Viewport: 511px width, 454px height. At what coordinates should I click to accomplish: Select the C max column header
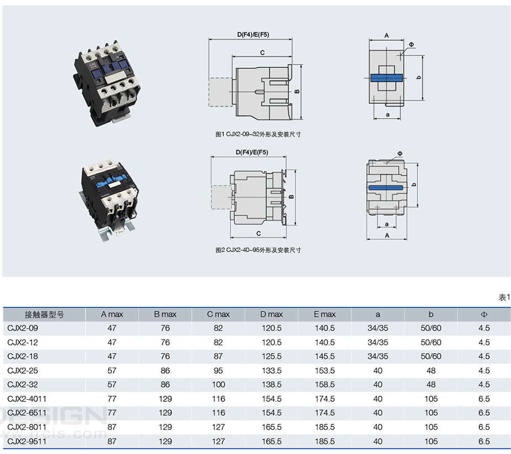(x=218, y=314)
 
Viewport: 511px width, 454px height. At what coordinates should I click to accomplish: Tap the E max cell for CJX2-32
(x=324, y=384)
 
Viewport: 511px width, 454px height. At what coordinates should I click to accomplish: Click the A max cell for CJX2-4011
(x=112, y=399)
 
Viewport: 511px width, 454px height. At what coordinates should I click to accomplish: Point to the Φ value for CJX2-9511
(x=484, y=441)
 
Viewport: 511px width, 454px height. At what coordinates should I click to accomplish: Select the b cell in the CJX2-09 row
(x=431, y=328)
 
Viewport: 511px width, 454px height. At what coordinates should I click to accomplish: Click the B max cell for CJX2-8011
(x=165, y=427)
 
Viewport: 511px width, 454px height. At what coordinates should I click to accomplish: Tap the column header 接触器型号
(x=44, y=314)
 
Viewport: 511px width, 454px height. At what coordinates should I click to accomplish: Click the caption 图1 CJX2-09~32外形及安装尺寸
(x=258, y=134)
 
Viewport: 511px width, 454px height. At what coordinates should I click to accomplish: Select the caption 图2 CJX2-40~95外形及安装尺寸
(x=258, y=250)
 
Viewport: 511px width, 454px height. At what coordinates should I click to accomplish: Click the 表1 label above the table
(x=504, y=297)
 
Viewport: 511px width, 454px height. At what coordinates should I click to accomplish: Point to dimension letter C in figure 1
(x=262, y=53)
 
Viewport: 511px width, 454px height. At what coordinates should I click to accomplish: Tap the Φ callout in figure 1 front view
(x=411, y=44)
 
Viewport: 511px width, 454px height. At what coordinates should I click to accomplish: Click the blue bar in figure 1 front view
(x=387, y=78)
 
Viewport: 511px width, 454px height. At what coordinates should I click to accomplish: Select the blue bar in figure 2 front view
(x=386, y=188)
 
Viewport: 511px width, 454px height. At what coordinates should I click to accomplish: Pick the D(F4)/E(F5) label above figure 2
(x=252, y=152)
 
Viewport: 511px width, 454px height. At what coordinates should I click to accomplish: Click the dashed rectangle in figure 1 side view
(x=220, y=92)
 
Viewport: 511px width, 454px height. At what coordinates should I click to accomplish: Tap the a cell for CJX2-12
(x=378, y=342)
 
